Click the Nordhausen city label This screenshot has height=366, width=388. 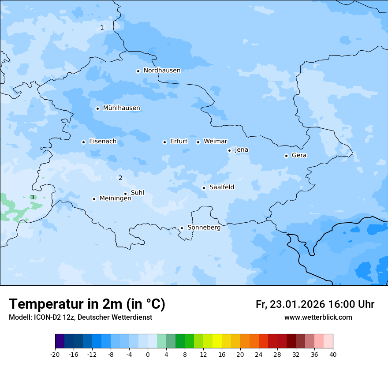[162, 71]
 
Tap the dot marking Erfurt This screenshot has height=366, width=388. [164, 142]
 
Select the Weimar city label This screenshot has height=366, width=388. [215, 142]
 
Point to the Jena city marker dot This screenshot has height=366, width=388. [229, 150]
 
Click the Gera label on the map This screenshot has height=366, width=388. [299, 155]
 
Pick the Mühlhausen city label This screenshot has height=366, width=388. [121, 108]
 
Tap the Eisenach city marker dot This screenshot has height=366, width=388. [83, 142]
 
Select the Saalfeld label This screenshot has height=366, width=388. [221, 187]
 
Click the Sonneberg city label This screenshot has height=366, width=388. [204, 228]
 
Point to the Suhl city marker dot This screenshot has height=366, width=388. [125, 194]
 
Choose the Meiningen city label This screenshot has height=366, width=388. [115, 198]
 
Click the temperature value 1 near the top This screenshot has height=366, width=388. [102, 27]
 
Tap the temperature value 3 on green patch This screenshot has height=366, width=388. [32, 197]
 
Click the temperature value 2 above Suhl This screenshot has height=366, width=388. [120, 178]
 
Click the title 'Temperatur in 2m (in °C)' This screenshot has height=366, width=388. [87, 304]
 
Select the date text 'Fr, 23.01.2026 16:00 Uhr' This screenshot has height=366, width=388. [315, 305]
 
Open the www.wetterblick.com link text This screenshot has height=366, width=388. [318, 317]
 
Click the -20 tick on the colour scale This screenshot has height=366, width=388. [55, 354]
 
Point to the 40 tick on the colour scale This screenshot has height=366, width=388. [333, 354]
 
